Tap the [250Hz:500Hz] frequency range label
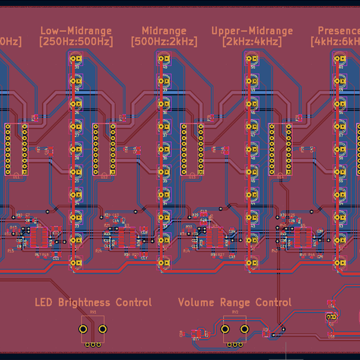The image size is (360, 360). click(x=75, y=42)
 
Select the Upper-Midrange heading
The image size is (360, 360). click(x=252, y=31)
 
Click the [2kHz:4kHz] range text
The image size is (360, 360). click(x=252, y=42)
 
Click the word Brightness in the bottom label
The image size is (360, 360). click(x=84, y=302)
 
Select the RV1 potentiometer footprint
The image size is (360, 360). click(x=93, y=330)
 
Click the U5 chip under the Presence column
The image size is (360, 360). click(x=302, y=236)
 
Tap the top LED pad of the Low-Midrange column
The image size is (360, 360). click(x=76, y=59)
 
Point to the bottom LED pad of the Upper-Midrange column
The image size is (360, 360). click(x=251, y=262)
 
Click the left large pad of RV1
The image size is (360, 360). click(x=83, y=329)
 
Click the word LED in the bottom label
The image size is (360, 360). click(x=44, y=302)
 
